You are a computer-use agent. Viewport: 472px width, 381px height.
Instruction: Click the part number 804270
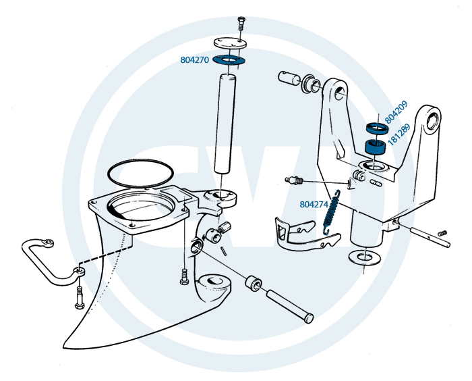click(195, 59)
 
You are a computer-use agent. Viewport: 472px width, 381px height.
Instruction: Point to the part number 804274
click(314, 203)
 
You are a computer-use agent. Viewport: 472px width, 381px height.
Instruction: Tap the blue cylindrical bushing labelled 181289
click(376, 147)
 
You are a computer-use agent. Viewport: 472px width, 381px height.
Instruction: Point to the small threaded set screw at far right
click(442, 233)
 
